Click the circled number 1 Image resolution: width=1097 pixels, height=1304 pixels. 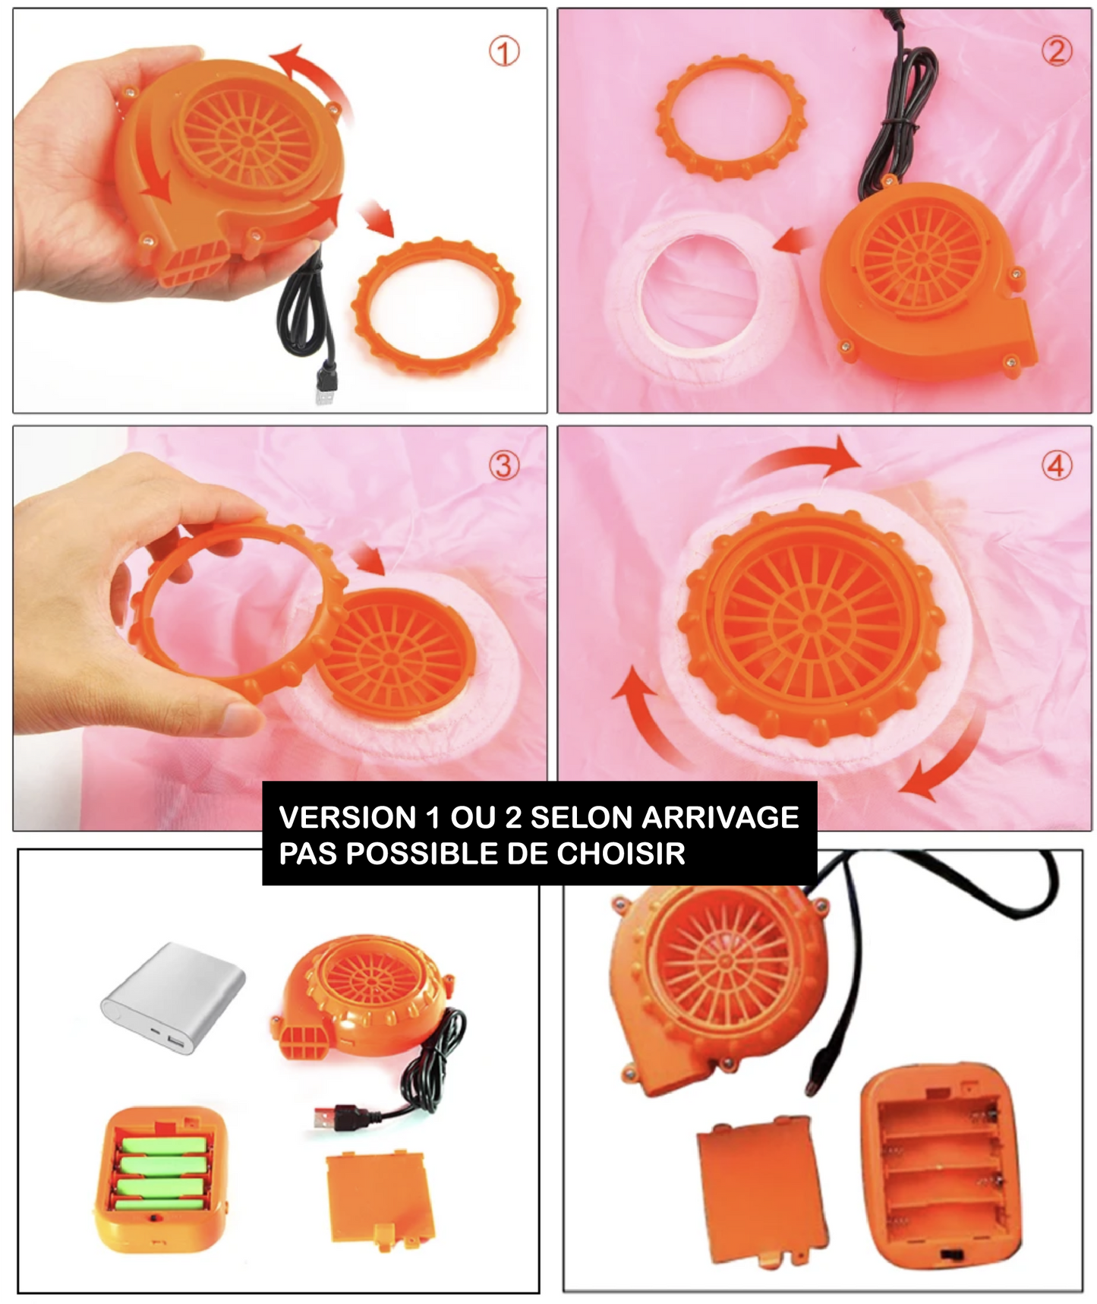point(504,52)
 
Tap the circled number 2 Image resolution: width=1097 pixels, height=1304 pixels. point(1056,51)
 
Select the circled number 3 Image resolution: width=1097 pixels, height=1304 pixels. point(504,465)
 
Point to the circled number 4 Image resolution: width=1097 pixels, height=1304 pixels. point(1056,465)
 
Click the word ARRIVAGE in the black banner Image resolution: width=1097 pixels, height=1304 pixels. point(720,817)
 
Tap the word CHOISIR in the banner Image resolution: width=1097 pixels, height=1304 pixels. point(621,854)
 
